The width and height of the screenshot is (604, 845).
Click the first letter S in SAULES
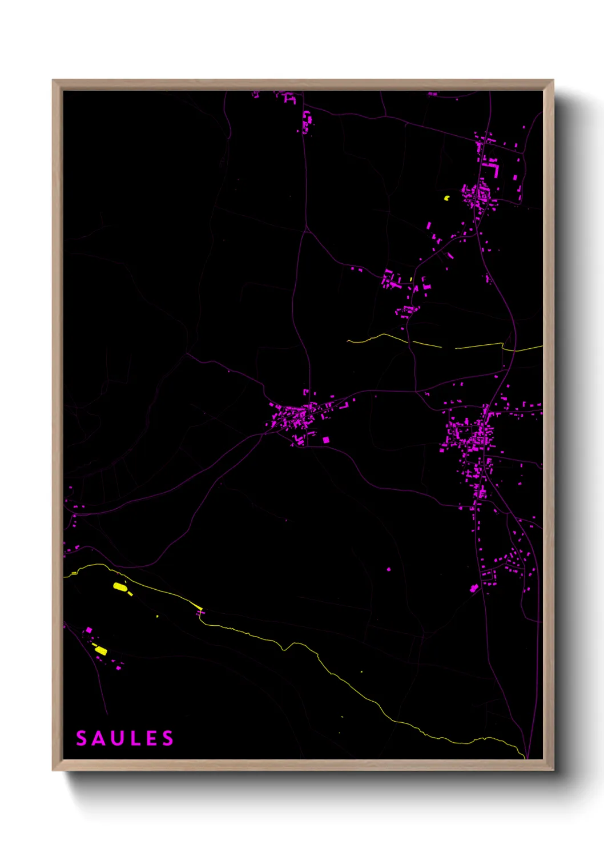(x=82, y=738)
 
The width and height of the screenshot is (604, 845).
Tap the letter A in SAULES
(x=100, y=738)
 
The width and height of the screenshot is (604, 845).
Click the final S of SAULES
(x=168, y=738)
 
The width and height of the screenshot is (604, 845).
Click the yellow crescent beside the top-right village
(x=447, y=198)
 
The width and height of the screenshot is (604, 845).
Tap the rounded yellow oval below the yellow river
(x=119, y=586)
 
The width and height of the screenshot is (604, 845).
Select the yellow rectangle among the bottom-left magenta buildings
(x=100, y=650)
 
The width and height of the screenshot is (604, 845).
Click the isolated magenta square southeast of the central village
(x=326, y=440)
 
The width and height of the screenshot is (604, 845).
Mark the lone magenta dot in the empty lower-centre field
(x=389, y=569)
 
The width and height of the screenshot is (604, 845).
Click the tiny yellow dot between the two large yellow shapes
(x=158, y=616)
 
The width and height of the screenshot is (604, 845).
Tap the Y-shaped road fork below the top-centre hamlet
(x=307, y=230)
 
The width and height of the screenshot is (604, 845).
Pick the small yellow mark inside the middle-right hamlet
(x=411, y=279)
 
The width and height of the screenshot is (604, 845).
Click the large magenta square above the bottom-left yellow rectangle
(x=88, y=630)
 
